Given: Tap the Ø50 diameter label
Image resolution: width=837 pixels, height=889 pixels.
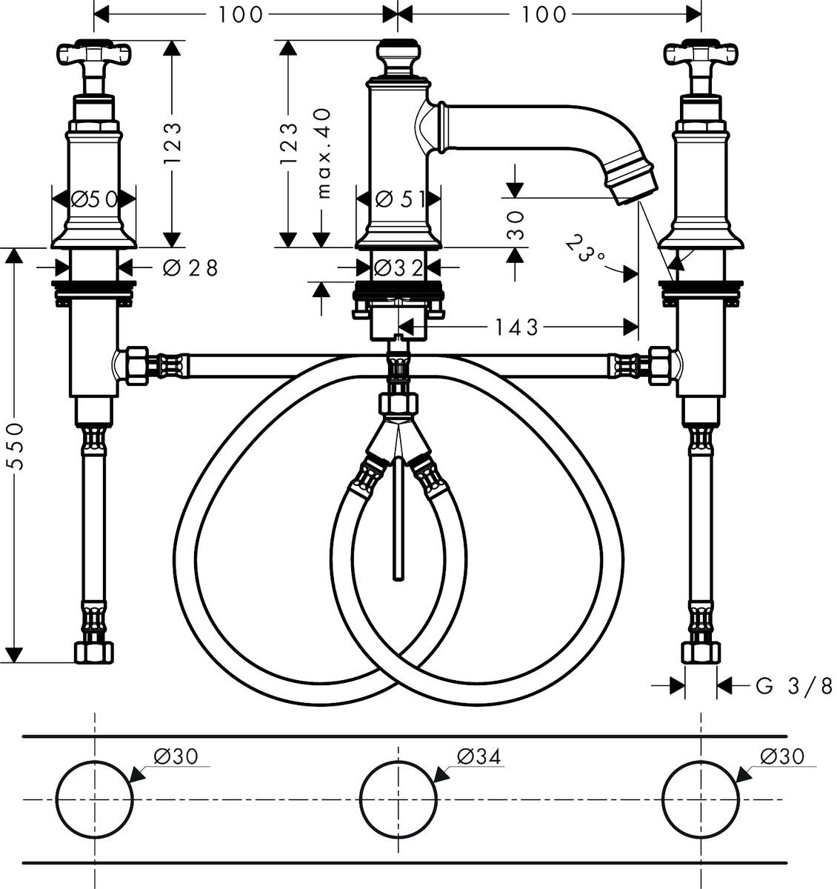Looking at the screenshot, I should pos(94,199).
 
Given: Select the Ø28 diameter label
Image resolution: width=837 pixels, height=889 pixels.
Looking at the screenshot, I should pos(190,267).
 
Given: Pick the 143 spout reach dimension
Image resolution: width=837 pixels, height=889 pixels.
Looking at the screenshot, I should pos(517,326).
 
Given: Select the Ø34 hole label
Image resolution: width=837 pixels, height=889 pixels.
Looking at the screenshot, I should pos(478,756).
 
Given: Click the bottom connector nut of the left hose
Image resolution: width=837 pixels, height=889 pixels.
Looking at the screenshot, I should pos(95,652).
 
